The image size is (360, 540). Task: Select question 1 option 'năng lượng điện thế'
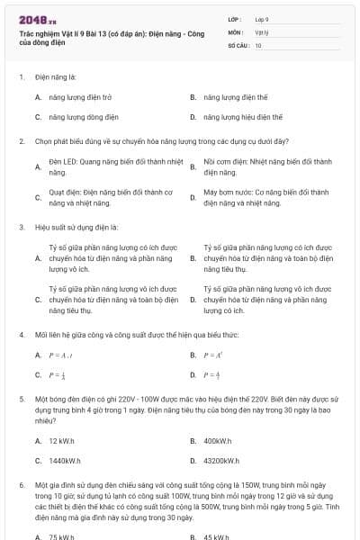(236, 96)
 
